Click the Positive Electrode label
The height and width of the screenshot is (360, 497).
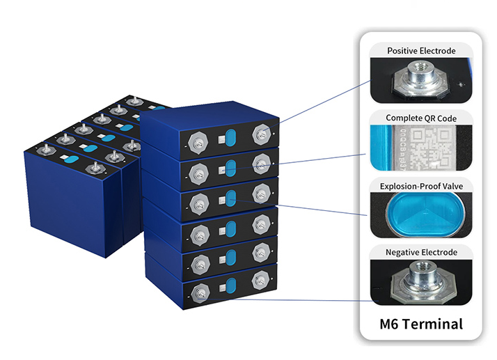422,51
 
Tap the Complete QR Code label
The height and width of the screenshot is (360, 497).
422,118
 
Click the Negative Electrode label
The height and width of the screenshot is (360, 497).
422,251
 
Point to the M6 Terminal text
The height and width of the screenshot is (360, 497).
421,324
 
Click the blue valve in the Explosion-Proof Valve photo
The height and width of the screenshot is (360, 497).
421,213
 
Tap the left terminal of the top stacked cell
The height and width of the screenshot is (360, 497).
197,139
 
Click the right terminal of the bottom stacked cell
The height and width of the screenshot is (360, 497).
261,282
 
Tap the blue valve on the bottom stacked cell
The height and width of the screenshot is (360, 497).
232,285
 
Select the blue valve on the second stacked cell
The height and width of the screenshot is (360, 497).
232,166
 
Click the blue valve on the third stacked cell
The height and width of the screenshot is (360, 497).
232,196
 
